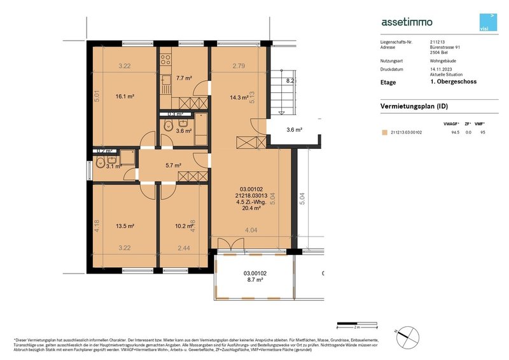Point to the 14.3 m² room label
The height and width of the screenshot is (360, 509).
tap(239, 97)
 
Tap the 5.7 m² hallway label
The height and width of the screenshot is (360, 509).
tap(174, 165)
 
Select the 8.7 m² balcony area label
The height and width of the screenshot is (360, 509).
tap(254, 279)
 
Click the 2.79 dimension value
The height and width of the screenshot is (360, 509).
tap(239, 66)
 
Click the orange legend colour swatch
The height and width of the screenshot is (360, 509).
tap(384, 133)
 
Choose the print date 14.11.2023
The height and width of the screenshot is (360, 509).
tap(440, 69)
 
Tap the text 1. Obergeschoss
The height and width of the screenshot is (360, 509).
tap(453, 81)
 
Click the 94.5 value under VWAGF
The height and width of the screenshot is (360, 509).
tap(454, 133)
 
